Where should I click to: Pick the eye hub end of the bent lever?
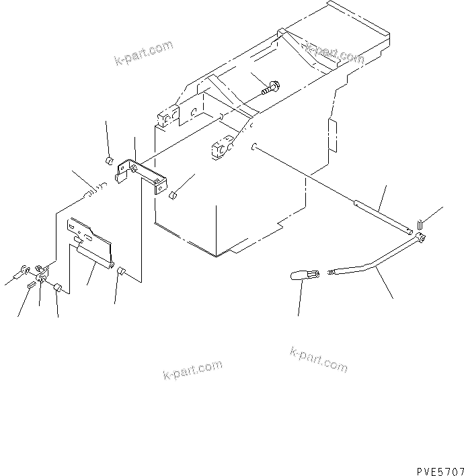(x=421, y=238)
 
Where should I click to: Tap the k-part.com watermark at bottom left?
(x=192, y=369)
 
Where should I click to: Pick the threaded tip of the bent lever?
(x=331, y=272)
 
